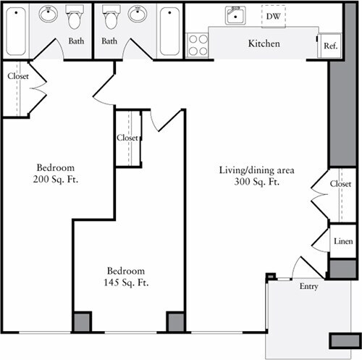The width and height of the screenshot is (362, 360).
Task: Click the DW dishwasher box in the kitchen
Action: pos(273,15)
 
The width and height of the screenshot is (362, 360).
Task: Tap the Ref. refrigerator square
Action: pos(331,45)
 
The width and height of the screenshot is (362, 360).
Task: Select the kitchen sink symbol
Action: pos(235,15)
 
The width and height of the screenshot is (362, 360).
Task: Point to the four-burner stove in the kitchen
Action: pos(198,45)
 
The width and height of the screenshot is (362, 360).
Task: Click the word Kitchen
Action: pos(264,44)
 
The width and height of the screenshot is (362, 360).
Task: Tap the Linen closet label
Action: pos(342,241)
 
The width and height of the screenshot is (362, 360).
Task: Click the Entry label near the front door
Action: pos(309,287)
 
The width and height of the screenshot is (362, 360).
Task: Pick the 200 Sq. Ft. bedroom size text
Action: pos(55,179)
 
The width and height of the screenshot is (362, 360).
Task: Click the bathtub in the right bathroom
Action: pos(170,30)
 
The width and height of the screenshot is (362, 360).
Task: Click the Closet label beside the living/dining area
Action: pos(340,184)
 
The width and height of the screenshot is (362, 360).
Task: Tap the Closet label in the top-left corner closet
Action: pos(17,76)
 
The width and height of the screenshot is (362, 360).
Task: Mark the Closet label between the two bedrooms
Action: pos(127,138)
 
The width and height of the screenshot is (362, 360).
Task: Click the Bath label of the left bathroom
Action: pos(76,41)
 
